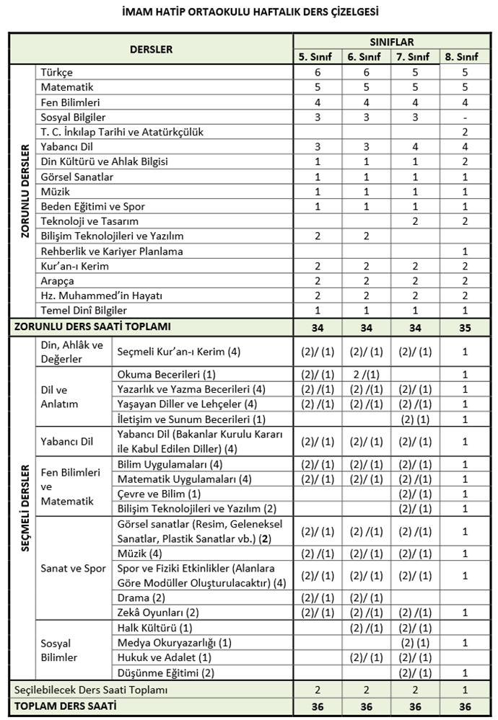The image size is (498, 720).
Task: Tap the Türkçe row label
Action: click(57, 73)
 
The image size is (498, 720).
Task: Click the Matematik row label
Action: click(67, 87)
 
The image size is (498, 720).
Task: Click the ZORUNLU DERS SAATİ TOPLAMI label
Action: click(93, 326)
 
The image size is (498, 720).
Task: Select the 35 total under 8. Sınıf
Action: click(464, 326)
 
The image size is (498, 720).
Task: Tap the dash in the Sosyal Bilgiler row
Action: click(464, 117)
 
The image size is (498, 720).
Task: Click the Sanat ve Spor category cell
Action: click(74, 569)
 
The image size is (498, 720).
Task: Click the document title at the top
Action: click(250, 12)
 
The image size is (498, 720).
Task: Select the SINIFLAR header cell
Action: click(391, 43)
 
